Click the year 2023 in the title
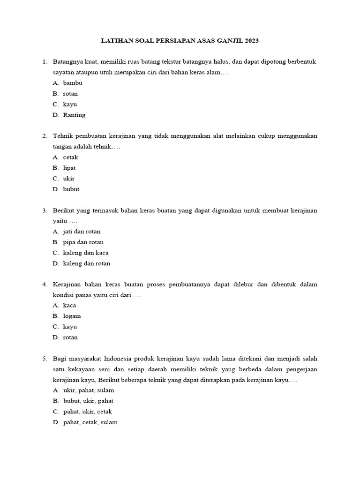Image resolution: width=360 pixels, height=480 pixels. [x=250, y=41]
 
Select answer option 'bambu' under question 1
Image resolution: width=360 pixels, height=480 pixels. [x=73, y=83]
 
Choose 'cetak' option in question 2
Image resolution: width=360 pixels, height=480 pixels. [x=71, y=157]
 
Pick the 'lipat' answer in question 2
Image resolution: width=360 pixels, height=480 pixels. [x=69, y=168]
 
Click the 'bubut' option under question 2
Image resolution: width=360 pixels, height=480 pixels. [x=71, y=189]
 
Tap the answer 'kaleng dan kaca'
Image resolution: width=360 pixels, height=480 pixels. [x=86, y=253]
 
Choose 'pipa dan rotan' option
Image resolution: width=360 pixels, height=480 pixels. [x=83, y=242]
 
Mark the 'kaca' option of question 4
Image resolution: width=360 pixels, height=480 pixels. [x=69, y=306]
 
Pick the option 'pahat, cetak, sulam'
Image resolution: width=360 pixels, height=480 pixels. [x=90, y=422]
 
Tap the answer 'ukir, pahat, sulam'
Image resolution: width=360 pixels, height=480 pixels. [x=89, y=390]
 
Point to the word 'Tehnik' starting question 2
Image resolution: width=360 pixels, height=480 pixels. [x=61, y=136]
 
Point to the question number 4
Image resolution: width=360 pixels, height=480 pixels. [x=44, y=285]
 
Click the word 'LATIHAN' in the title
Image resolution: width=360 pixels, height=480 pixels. [x=115, y=41]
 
